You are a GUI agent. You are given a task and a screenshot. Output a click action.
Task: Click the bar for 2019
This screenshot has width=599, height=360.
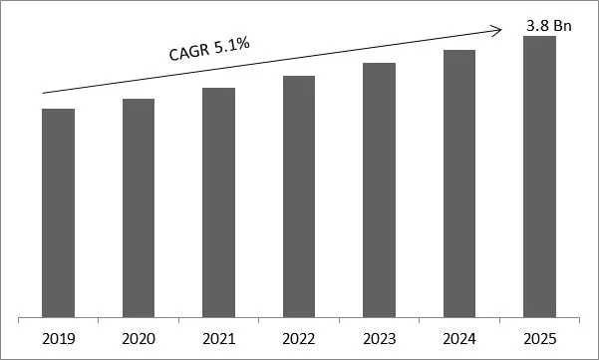pos(58,213)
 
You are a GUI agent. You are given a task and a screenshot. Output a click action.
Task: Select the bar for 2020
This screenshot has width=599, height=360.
pos(139,208)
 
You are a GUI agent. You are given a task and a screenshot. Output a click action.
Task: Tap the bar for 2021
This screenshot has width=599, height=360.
pos(218,203)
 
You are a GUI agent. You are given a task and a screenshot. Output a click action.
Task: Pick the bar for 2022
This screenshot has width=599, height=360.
pos(299,197)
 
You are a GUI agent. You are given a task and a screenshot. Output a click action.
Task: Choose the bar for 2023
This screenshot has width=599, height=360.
pos(379,190)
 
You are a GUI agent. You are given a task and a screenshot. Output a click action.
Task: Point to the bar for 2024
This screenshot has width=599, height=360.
pos(459,184)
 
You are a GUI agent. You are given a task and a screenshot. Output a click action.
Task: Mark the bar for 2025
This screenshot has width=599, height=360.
pos(539,178)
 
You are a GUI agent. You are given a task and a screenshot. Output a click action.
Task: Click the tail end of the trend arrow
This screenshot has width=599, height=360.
pos(43,94)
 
